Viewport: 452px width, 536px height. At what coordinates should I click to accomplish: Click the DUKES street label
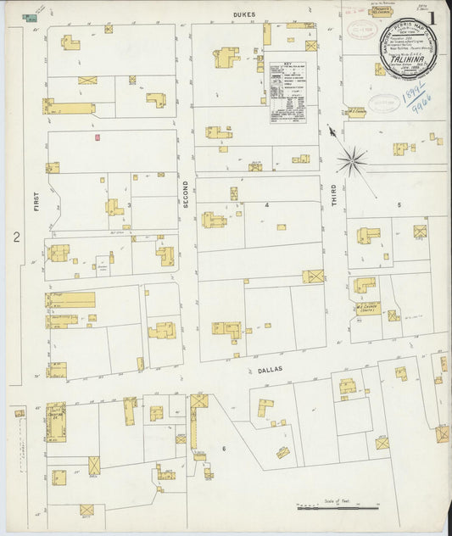coord(245,14)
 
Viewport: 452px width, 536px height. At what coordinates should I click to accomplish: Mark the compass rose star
coord(351,159)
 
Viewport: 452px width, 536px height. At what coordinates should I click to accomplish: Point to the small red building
coord(98,137)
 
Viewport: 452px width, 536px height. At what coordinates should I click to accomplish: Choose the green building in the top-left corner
coord(31,17)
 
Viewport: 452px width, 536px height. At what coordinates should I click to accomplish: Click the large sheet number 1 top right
coord(432,16)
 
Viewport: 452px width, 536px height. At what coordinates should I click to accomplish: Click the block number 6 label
coord(224,448)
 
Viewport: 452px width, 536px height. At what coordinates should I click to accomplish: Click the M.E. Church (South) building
coord(367,307)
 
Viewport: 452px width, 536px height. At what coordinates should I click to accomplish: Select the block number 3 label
coord(129,204)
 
